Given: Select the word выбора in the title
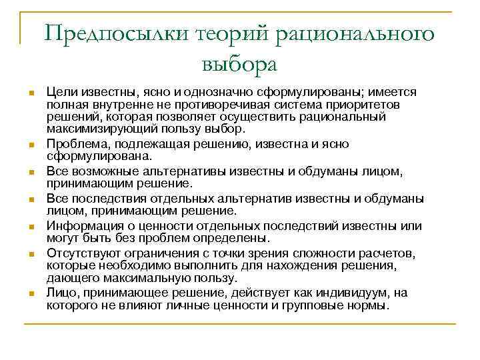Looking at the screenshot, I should [238, 65].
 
